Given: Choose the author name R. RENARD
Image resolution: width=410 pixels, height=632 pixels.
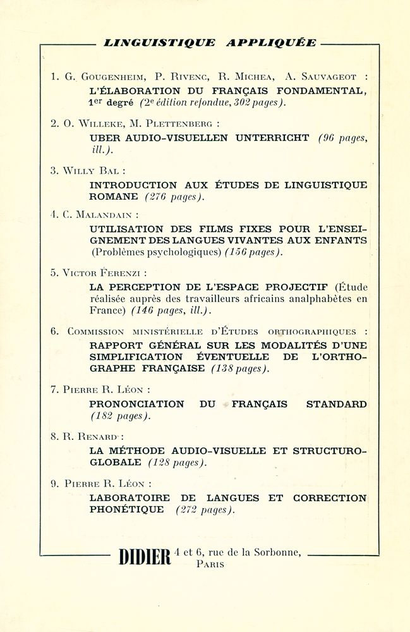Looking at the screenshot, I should click(x=90, y=436).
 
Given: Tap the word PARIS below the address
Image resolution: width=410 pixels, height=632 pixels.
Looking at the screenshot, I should click(x=210, y=564).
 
